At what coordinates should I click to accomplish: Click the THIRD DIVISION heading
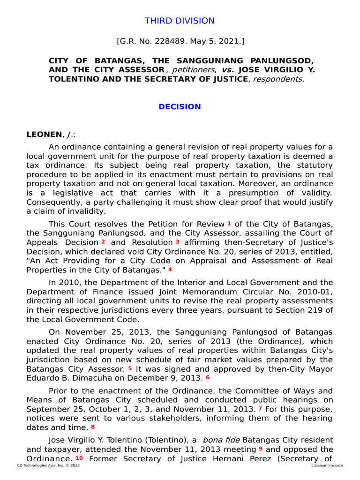click(x=180, y=21)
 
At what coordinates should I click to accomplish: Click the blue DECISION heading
click(x=180, y=107)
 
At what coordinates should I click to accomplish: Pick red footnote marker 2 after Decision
click(x=103, y=242)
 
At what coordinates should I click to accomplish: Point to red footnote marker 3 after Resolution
click(x=177, y=242)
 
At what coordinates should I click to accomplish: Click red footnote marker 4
click(x=170, y=270)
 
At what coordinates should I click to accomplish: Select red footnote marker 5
click(x=130, y=368)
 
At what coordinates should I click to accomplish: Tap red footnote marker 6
click(x=208, y=377)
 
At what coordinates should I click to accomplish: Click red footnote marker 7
click(x=260, y=409)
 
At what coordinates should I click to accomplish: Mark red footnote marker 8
click(x=93, y=427)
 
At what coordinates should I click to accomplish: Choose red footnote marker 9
click(x=260, y=449)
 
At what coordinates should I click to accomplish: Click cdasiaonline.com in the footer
click(x=327, y=465)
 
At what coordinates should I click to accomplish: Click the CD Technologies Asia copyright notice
click(x=42, y=465)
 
